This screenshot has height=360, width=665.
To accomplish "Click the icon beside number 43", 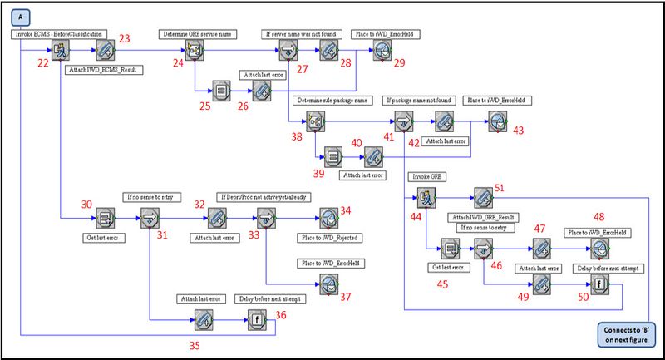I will click(x=496, y=121).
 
